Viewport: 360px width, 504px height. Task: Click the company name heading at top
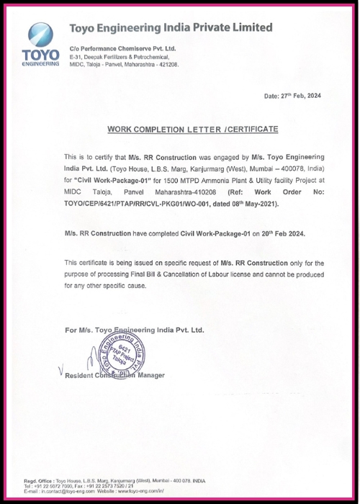click(x=171, y=28)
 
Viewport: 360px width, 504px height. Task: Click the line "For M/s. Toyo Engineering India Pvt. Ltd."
click(x=134, y=329)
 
